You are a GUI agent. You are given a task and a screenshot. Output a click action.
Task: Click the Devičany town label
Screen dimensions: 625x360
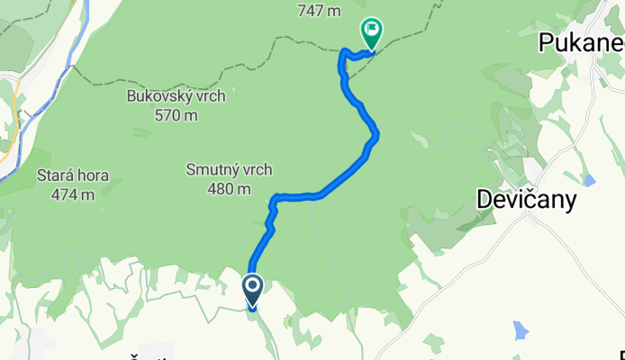click(x=526, y=202)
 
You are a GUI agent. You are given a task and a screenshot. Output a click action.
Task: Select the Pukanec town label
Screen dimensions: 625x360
click(x=580, y=41)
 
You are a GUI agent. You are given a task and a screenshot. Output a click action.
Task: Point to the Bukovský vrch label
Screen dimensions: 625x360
click(x=176, y=95)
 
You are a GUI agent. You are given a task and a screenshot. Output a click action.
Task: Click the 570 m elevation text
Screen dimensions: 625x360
click(x=176, y=115)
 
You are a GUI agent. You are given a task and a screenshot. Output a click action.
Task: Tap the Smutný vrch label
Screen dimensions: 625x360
click(x=229, y=169)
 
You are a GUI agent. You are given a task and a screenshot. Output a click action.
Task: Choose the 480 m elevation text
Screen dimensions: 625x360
click(x=229, y=189)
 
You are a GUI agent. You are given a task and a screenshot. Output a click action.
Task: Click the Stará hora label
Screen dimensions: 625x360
click(x=73, y=175)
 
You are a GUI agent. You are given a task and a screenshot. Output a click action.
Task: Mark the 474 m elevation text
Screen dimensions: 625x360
click(x=73, y=194)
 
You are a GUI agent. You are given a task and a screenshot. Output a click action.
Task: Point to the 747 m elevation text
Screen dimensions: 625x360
click(x=319, y=11)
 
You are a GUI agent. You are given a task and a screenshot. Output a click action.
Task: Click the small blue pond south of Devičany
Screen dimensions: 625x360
click(x=521, y=330)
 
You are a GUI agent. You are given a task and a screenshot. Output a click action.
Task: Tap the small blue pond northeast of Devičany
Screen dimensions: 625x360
click(x=589, y=180)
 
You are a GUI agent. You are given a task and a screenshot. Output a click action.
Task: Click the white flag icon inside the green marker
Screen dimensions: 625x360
click(x=370, y=29)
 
